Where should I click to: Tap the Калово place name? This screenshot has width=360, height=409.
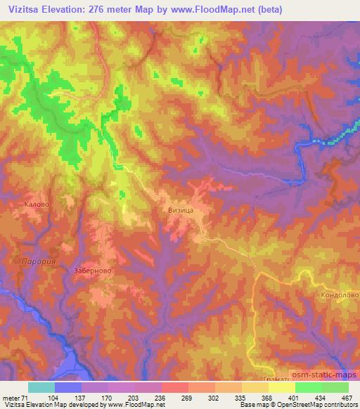tap(35, 204)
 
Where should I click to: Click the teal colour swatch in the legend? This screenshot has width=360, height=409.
tap(41, 387)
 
